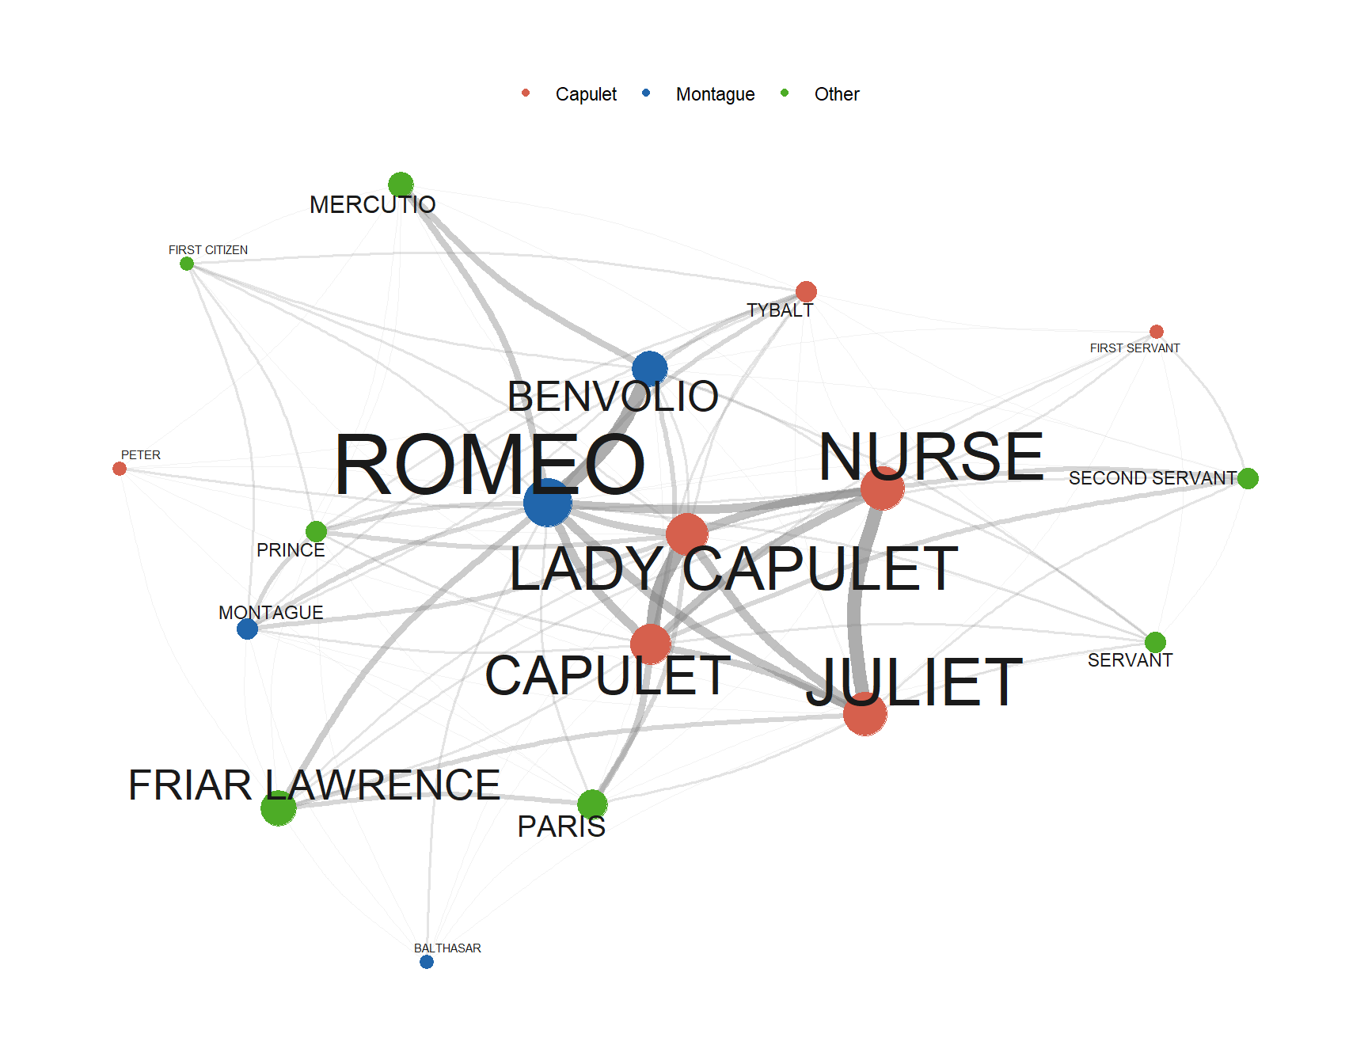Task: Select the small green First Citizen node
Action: click(187, 264)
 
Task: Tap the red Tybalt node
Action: click(806, 291)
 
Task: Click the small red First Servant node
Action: click(1157, 332)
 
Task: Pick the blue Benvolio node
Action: click(650, 369)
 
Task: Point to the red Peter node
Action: click(120, 469)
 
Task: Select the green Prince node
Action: click(317, 531)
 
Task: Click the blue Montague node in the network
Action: click(247, 629)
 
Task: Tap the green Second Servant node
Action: click(1248, 478)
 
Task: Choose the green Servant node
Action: click(1155, 642)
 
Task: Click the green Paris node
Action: click(592, 804)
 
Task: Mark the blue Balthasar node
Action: click(427, 962)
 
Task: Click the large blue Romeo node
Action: click(548, 503)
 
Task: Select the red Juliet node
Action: click(865, 713)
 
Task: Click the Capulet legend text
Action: click(586, 94)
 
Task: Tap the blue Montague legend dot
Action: click(646, 93)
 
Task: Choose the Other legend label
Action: click(837, 94)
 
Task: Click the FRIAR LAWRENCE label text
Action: click(314, 785)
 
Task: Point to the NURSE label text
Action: click(931, 457)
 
